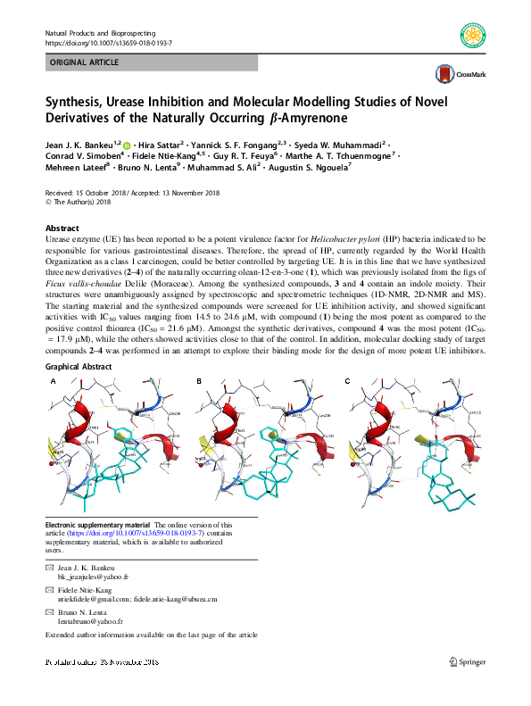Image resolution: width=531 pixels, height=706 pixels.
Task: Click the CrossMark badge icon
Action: tap(444, 75)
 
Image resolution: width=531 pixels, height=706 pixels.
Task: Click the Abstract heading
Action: tap(62, 228)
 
